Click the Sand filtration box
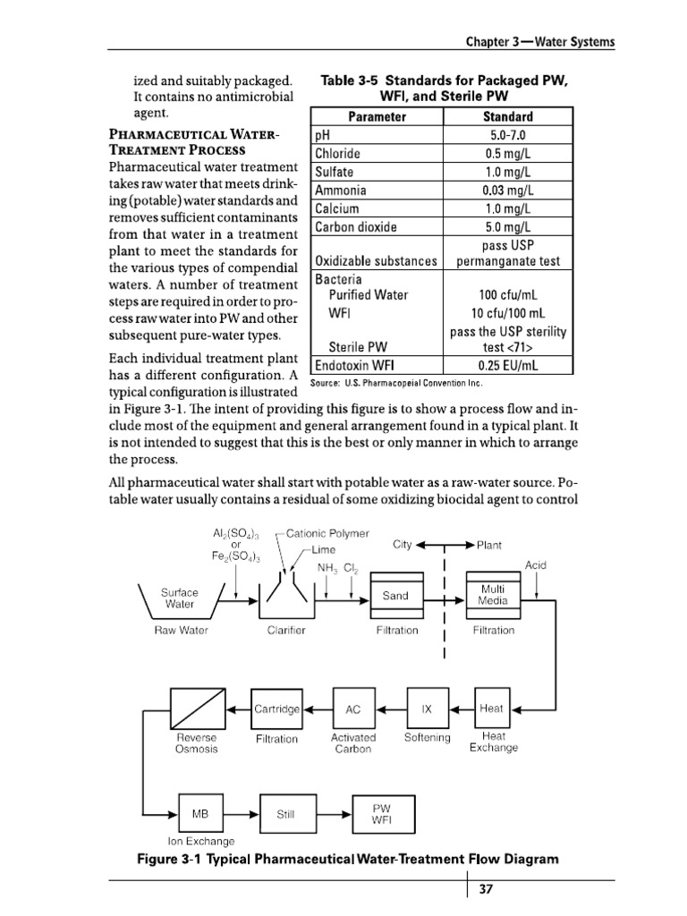[x=395, y=596]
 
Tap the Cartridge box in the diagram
[x=276, y=708]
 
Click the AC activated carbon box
[x=353, y=708]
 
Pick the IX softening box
[x=427, y=708]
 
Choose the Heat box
[x=491, y=708]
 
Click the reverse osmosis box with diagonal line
[x=196, y=708]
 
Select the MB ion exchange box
[x=200, y=814]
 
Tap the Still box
[x=286, y=814]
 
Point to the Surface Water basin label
[x=179, y=598]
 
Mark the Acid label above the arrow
[x=536, y=566]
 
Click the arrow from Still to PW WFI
[x=334, y=814]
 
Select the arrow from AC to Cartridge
[x=318, y=708]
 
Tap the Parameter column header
[x=377, y=117]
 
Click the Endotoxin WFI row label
[x=355, y=365]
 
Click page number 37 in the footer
[x=486, y=889]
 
